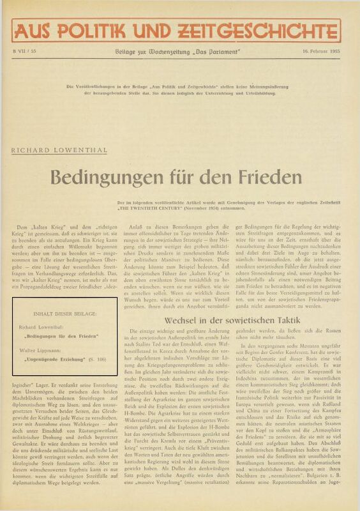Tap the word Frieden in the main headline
click(x=276, y=176)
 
